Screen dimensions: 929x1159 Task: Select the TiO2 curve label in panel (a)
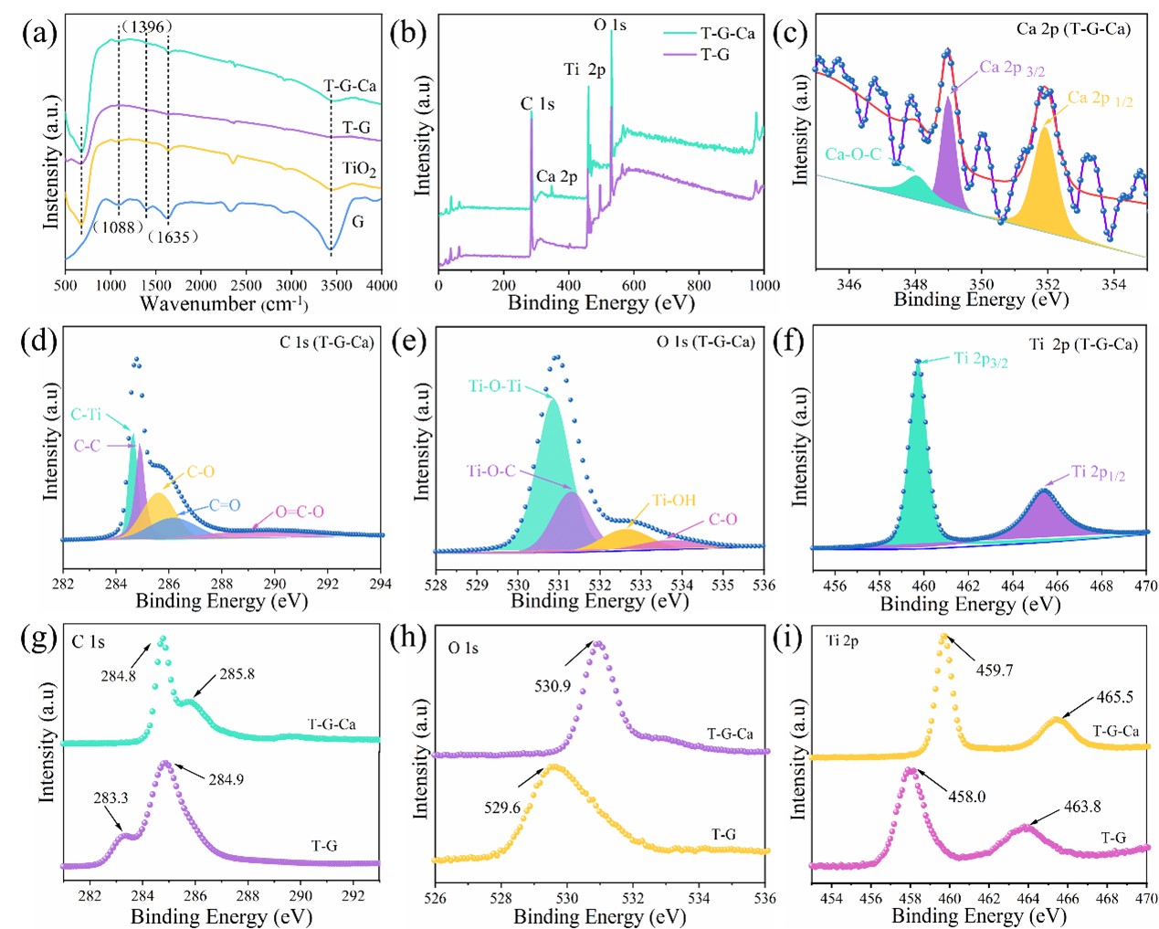pos(359,169)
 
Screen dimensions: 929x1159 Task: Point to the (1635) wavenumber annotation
pos(173,237)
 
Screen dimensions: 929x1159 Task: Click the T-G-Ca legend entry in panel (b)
pos(727,33)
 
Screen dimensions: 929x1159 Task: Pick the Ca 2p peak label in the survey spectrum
pos(556,176)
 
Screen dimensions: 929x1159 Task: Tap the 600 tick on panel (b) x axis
pos(633,285)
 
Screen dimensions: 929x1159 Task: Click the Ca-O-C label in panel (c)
pos(853,153)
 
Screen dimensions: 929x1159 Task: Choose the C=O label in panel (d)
pos(224,505)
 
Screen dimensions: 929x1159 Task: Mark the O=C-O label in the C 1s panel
pos(300,512)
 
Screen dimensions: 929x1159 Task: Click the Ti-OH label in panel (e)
pos(674,500)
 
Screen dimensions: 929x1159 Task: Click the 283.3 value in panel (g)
pos(111,797)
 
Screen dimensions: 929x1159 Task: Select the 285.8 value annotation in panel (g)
pos(237,674)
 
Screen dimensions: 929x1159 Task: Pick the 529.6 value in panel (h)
pos(501,808)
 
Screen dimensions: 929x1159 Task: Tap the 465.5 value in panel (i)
pos(1114,697)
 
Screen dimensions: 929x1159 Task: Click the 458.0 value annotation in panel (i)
pos(966,797)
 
